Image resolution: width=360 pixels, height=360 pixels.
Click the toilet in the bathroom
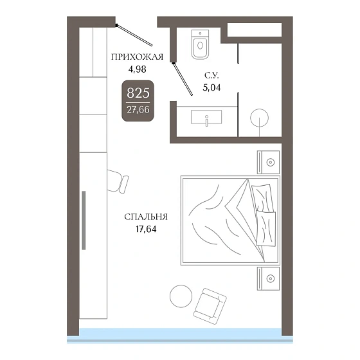pos(200,44)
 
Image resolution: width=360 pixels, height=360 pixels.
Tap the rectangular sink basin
pos(206,117)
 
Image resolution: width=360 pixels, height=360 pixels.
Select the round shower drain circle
pos(260,118)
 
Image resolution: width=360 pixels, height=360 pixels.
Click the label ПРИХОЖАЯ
pos(137,57)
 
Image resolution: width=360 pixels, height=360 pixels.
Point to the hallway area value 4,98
pos(138,69)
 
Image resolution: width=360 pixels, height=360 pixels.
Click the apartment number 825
pos(138,93)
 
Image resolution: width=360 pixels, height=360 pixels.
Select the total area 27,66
pos(138,110)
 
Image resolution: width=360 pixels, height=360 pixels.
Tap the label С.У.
pos(212,75)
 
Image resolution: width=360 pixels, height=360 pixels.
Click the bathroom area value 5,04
pos(212,87)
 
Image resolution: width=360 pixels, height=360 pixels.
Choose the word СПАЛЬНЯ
pos(146,217)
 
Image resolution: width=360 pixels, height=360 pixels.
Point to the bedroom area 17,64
pos(146,229)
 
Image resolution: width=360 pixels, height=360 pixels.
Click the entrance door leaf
pos(134,35)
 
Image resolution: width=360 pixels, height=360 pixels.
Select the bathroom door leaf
pos(183,78)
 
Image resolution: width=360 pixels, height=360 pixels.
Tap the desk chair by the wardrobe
pos(118,181)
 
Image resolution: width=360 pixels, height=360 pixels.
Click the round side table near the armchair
pos(181,296)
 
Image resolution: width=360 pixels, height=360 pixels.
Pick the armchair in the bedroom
pos(210,306)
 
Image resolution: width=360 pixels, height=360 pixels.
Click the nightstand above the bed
pos(268,162)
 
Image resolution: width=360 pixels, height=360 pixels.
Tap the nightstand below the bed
pos(268,278)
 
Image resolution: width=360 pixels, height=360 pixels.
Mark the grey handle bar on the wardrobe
pos(84,220)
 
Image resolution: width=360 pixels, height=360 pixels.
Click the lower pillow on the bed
pos(266,228)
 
